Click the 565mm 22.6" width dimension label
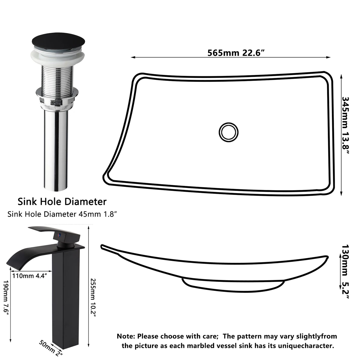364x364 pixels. (236, 53)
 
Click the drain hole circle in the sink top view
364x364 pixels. (228, 132)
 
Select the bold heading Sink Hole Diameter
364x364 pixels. (62, 202)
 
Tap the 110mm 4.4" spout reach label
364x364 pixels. (30, 276)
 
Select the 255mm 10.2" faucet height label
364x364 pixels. (93, 297)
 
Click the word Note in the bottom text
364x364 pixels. (126, 336)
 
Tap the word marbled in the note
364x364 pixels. (199, 346)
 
